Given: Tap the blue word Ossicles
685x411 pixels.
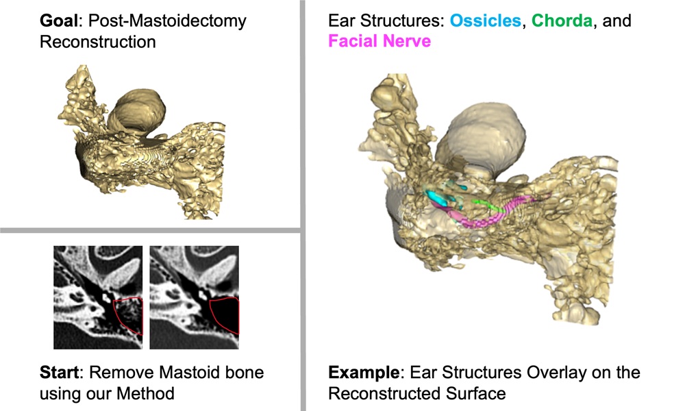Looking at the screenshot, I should (485, 21).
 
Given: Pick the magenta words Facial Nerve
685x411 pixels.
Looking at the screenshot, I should (379, 41).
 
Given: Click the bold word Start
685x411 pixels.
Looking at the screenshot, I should (59, 373).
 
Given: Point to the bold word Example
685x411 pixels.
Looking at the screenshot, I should (362, 373).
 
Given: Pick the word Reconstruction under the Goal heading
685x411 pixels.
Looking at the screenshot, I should (97, 42).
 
